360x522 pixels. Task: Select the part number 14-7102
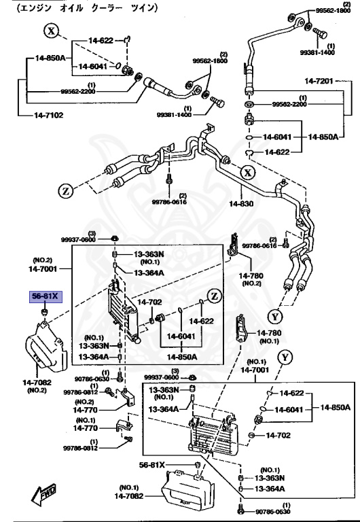[48, 115]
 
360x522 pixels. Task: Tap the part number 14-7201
[321, 82]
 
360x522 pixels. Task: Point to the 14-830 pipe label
[240, 203]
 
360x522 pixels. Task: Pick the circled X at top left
[53, 30]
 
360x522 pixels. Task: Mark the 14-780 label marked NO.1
[268, 333]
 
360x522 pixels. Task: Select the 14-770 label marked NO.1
[86, 428]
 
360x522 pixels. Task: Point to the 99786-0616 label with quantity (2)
[261, 245]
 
